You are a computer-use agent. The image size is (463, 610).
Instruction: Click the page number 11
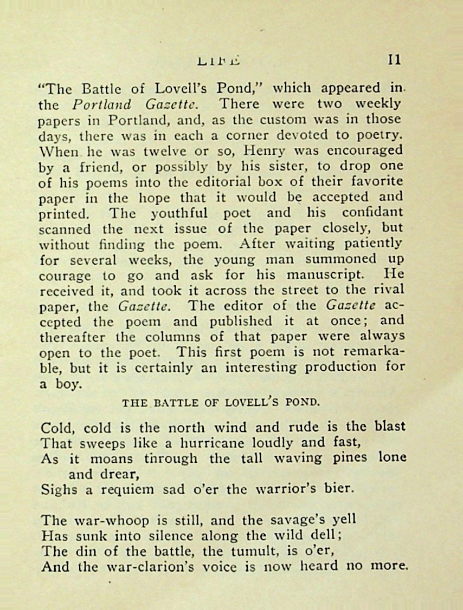395,60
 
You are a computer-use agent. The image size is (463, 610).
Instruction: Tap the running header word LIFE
219,61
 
